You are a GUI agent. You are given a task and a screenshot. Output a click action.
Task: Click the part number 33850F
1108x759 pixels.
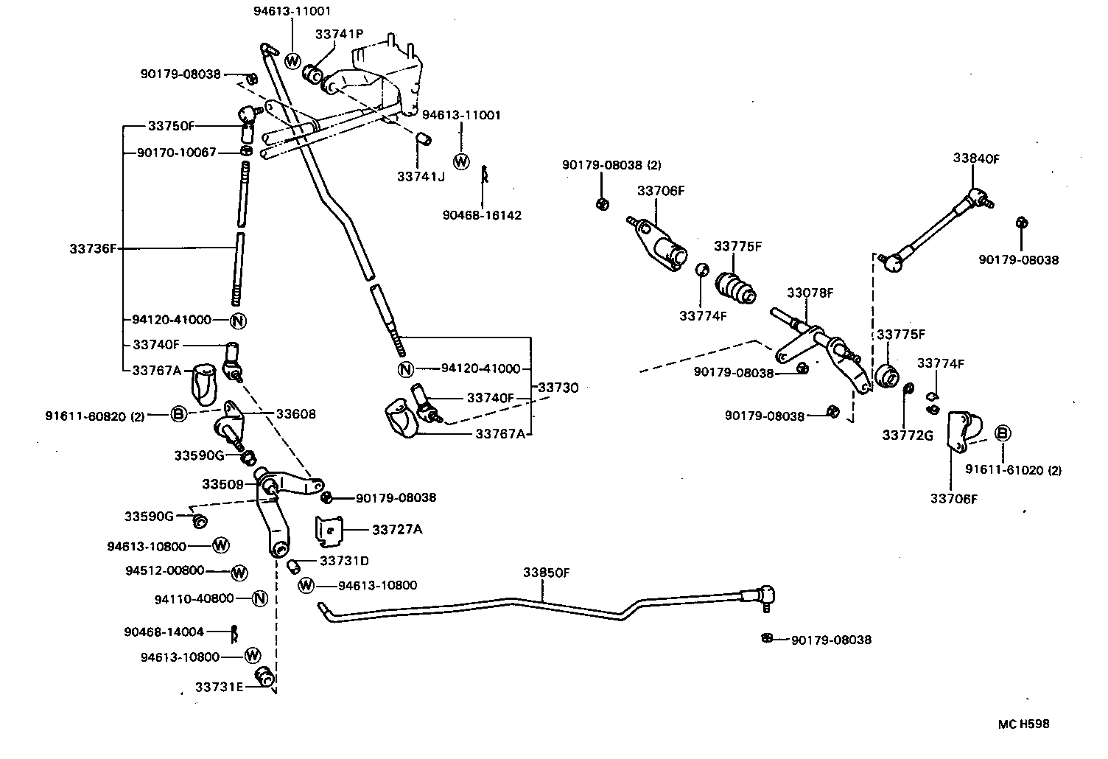point(545,573)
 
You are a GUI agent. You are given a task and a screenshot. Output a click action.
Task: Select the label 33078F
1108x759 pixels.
point(810,293)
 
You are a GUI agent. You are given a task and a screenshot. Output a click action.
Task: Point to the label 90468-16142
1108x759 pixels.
point(482,215)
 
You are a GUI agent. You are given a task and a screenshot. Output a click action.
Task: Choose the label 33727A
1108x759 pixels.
point(397,529)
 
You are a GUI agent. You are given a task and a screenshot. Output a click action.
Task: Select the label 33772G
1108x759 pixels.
point(908,436)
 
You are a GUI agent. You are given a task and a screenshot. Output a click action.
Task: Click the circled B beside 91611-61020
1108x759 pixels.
point(1002,433)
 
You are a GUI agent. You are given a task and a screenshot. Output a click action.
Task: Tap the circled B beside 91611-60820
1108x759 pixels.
point(178,414)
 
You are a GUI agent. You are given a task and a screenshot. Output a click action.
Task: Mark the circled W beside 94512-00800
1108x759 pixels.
point(239,573)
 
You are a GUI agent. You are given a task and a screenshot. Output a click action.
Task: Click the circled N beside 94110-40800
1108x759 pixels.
point(259,598)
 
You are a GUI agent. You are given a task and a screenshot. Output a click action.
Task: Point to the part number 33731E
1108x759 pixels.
point(219,687)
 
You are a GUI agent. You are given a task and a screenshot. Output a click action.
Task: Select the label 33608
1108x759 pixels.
point(296,414)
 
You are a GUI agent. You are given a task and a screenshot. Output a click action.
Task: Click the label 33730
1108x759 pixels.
point(558,387)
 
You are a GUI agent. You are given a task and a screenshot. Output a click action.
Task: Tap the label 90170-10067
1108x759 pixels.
point(177,153)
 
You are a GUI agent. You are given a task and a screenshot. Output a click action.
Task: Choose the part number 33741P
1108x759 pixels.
point(339,34)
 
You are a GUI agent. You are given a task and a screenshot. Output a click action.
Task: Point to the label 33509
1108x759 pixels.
point(222,484)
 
